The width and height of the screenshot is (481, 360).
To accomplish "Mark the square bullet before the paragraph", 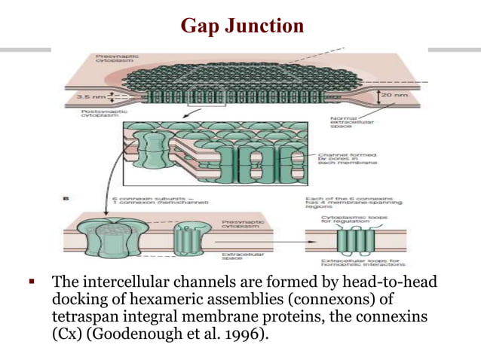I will [32, 283].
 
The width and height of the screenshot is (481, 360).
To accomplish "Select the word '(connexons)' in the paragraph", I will [331, 301].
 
